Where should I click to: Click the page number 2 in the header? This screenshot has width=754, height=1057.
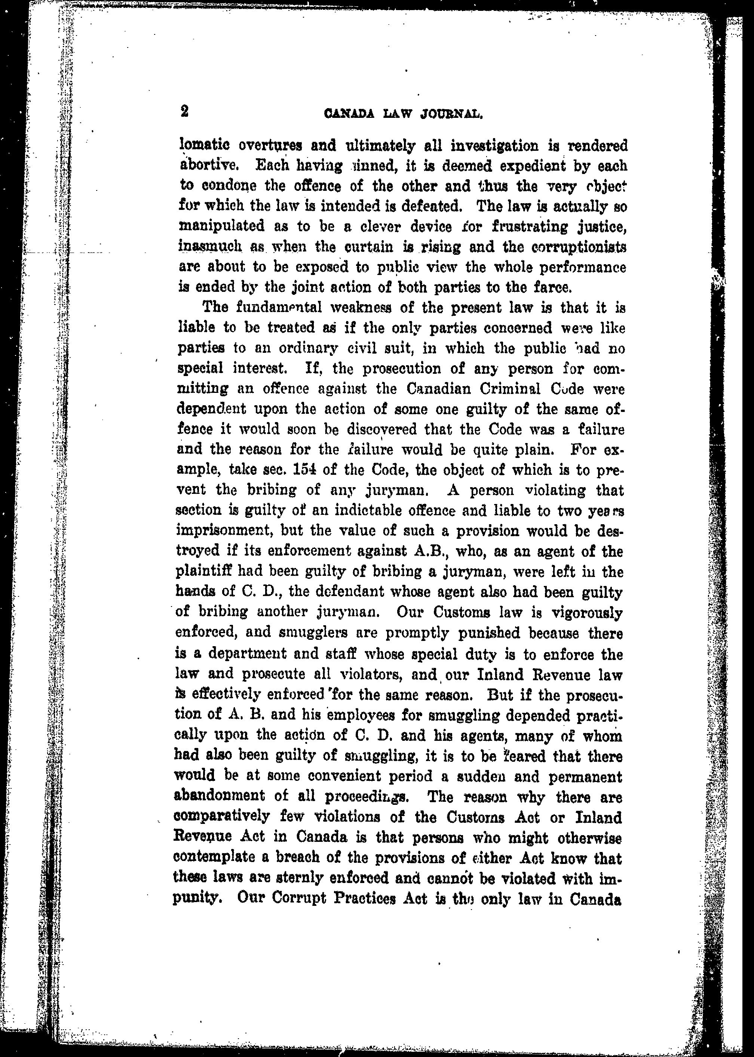pyautogui.click(x=184, y=111)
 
